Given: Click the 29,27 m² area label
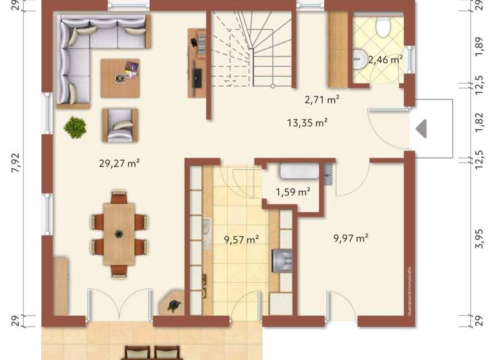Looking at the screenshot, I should (x=120, y=163).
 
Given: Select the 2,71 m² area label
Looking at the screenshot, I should (x=322, y=100).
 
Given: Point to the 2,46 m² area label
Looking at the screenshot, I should (x=385, y=59).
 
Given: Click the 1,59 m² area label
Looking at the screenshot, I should (x=293, y=192).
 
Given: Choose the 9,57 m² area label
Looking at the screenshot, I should (x=241, y=239).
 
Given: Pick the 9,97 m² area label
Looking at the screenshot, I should (x=351, y=238).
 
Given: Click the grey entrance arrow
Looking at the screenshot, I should (x=421, y=129).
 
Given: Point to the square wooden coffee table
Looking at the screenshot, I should (x=120, y=78).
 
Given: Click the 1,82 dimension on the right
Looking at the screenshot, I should (x=479, y=122).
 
